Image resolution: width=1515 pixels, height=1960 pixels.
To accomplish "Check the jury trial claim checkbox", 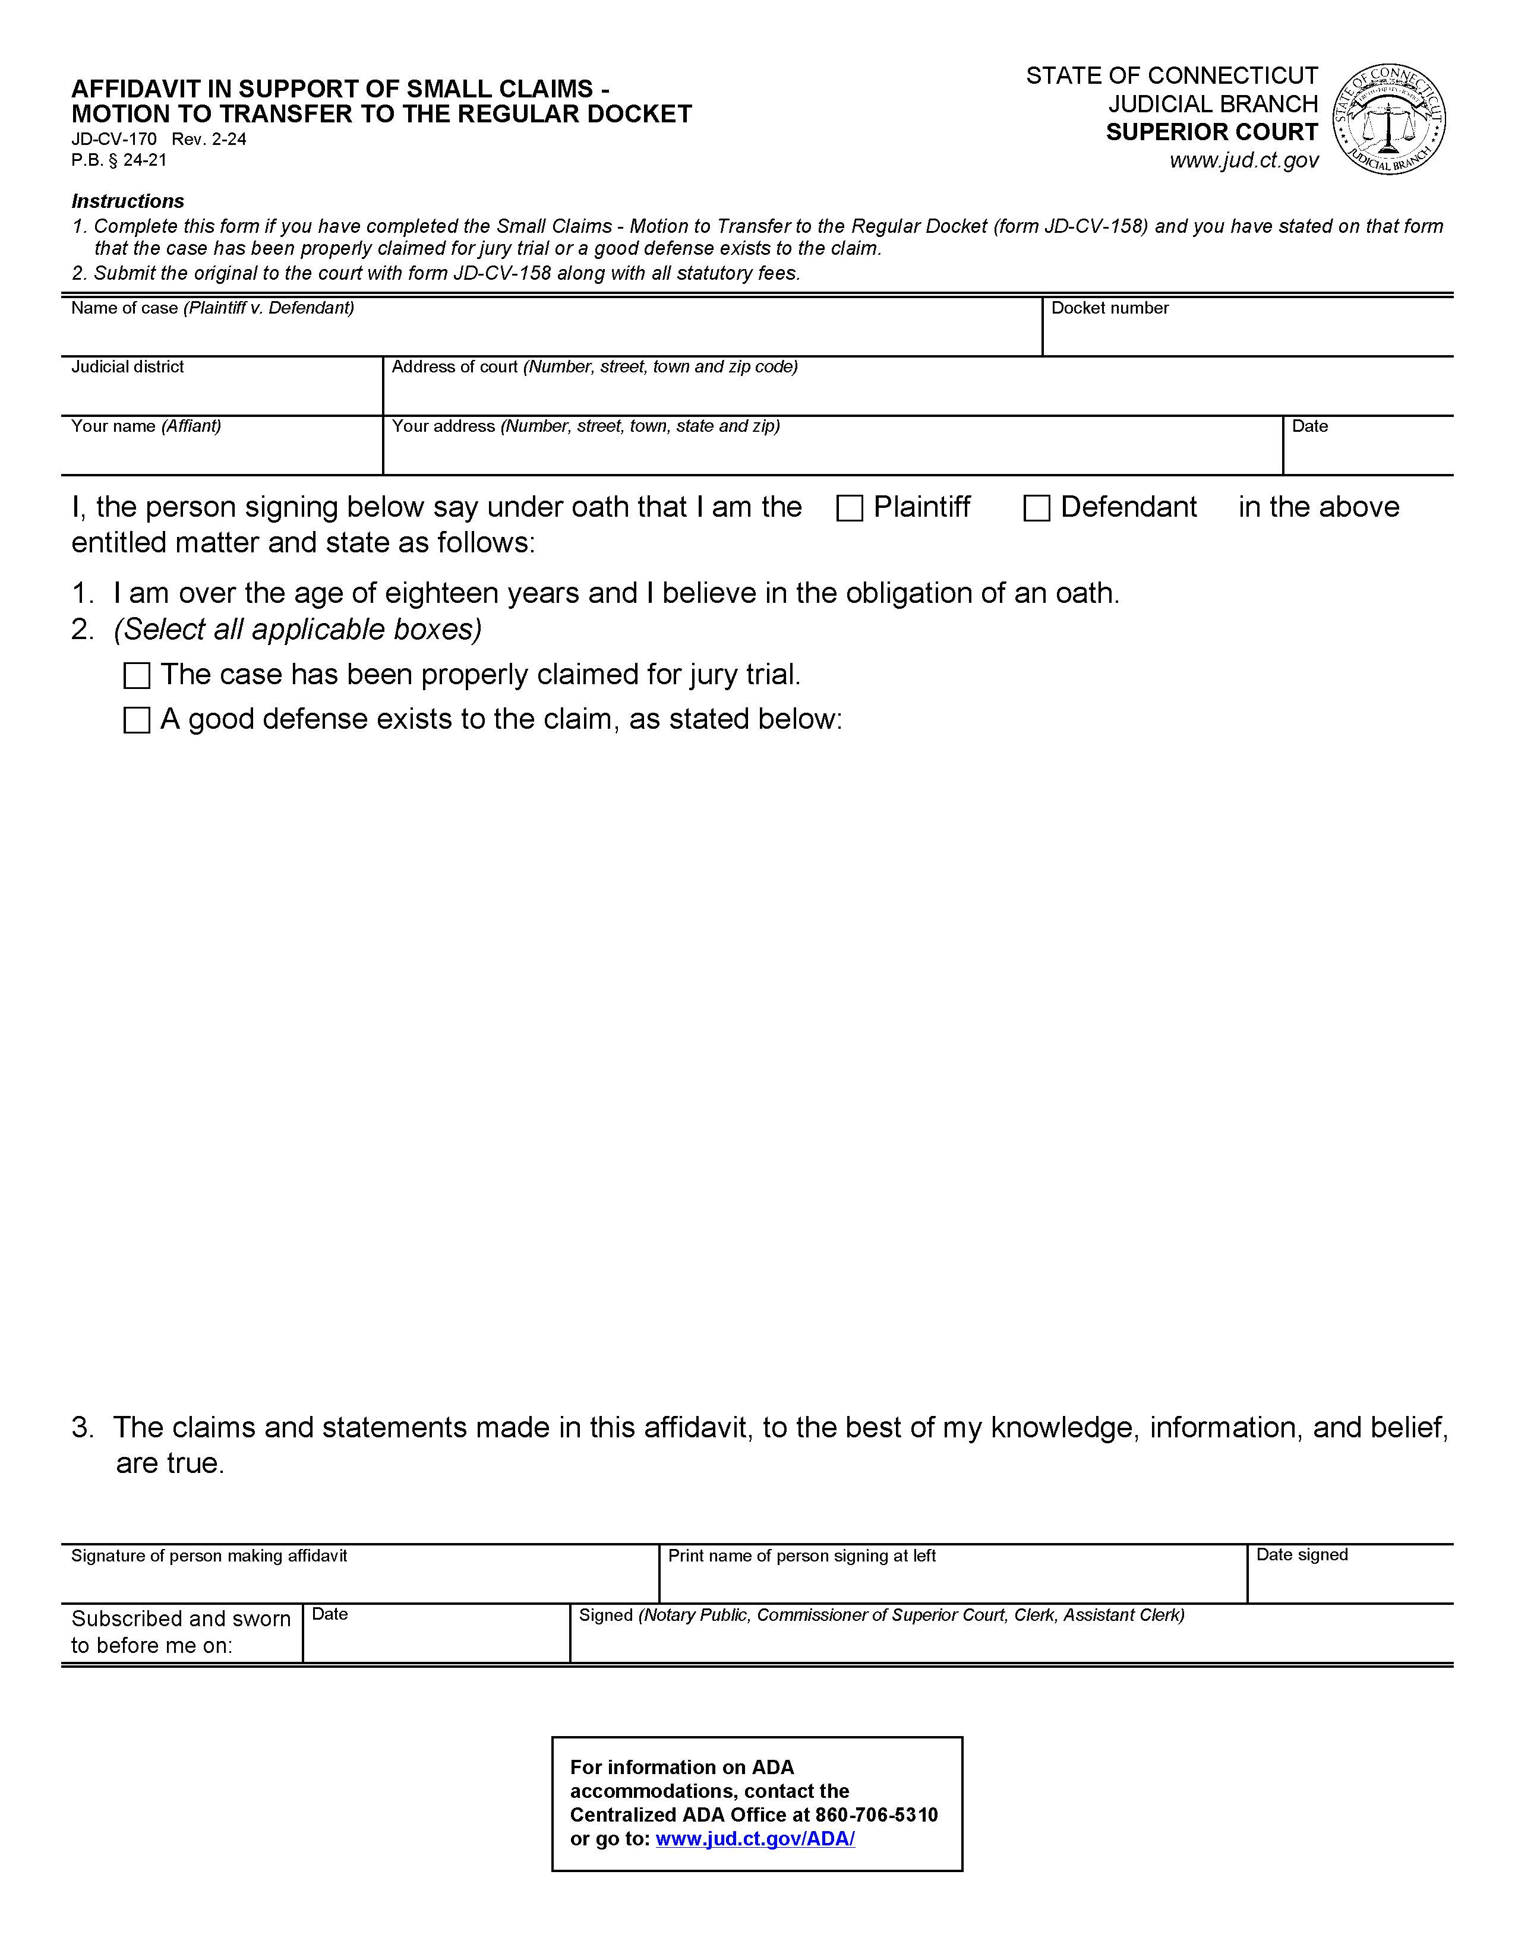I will click(x=137, y=676).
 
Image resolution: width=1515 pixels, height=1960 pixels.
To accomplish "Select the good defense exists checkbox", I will click(x=137, y=720).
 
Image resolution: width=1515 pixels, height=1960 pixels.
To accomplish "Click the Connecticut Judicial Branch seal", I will click(x=1388, y=119).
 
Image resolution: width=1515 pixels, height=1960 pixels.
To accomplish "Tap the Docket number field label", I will click(x=1109, y=308).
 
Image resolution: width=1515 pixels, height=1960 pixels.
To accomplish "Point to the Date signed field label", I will click(x=1301, y=1554).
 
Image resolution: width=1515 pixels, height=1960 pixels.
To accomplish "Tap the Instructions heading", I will click(x=128, y=201).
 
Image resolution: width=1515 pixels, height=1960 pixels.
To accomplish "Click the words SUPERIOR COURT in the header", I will click(x=1211, y=132).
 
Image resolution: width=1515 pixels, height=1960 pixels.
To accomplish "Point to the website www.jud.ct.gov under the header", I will click(x=1244, y=160).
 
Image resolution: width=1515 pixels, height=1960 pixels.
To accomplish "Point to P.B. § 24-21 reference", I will click(x=119, y=160).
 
